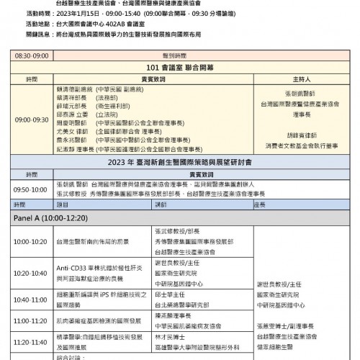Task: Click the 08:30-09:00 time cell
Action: click(32, 55)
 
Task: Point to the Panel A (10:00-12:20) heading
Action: click(50, 215)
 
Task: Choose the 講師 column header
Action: click(161, 204)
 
